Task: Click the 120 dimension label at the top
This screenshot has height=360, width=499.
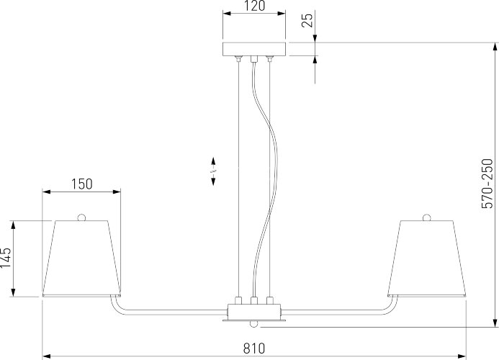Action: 253,6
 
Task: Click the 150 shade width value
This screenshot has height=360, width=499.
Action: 81,184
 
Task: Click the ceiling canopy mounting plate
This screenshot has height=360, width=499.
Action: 253,48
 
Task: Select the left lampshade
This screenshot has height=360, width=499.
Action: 81,257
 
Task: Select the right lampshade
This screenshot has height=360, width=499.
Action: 426,257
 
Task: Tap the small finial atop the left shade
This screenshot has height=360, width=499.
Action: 81,217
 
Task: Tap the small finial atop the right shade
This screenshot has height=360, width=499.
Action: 426,217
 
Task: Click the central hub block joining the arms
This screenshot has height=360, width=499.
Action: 253,311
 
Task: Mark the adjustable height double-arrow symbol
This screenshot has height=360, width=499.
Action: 213,171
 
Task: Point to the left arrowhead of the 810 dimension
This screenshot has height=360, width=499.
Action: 47,355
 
